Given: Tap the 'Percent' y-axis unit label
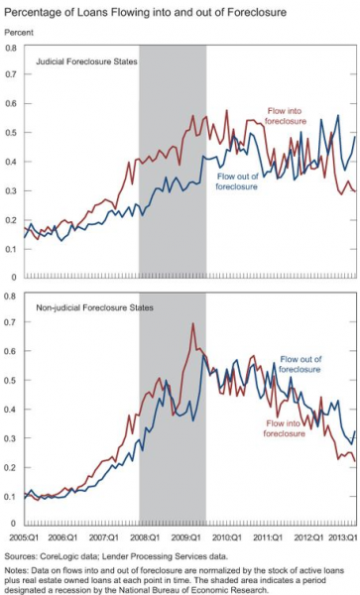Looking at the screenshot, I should [20, 32].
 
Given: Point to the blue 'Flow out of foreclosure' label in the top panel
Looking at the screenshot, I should [243, 180].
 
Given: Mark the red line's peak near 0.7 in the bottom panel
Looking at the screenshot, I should [192, 324].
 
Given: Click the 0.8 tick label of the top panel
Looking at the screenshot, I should [12, 48].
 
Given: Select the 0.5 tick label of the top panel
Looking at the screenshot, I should [12, 133].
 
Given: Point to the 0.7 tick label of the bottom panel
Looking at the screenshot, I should [12, 323].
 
